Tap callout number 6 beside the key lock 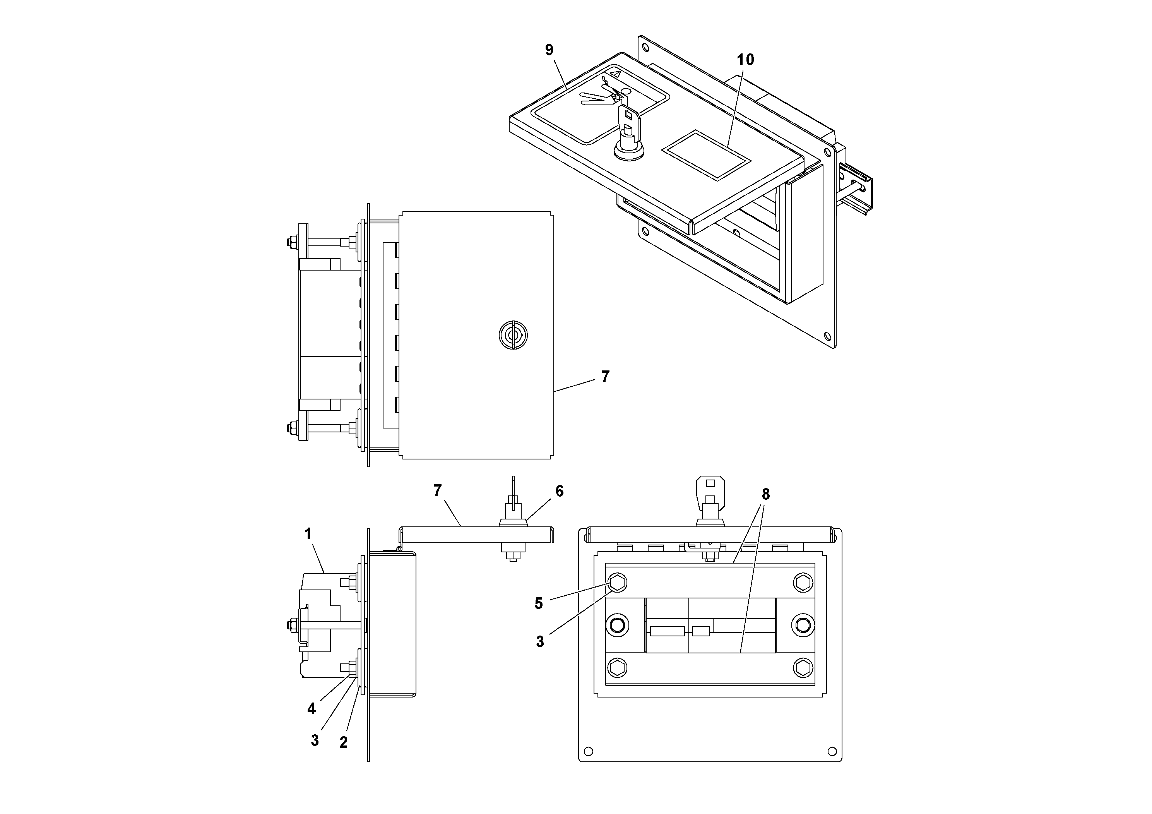point(560,491)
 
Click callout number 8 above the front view point(765,494)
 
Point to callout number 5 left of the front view point(538,603)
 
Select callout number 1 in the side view point(308,533)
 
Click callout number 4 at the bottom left point(312,709)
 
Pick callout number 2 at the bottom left point(343,742)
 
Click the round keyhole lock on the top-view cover point(513,335)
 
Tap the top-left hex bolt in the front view point(617,583)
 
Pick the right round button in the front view point(802,625)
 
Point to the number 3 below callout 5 point(540,642)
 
